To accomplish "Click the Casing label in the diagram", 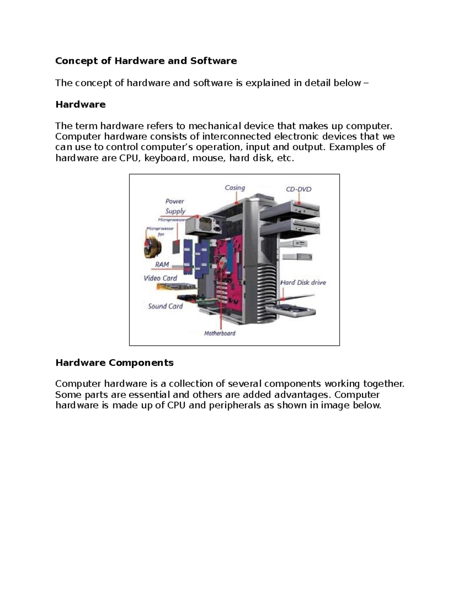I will pyautogui.click(x=234, y=188).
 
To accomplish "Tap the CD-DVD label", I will pyautogui.click(x=299, y=189).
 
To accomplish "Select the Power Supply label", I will pyautogui.click(x=175, y=206).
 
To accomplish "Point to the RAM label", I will pyautogui.click(x=162, y=265).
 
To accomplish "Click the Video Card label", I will pyautogui.click(x=160, y=278).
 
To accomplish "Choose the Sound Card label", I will pyautogui.click(x=165, y=306).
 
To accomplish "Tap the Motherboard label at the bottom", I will pyautogui.click(x=220, y=333).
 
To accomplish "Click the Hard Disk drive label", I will pyautogui.click(x=303, y=282).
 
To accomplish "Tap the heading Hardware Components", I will pyautogui.click(x=115, y=363).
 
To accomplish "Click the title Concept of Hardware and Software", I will pyautogui.click(x=146, y=61).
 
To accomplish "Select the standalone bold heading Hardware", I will pyautogui.click(x=81, y=104).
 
